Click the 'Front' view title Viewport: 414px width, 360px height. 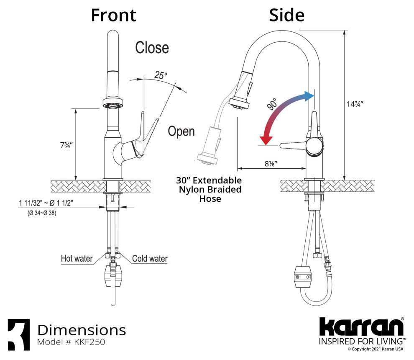(x=113, y=15)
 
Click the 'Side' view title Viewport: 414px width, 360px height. (x=287, y=15)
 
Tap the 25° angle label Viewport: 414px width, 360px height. (x=161, y=75)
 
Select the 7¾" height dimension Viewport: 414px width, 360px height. (x=66, y=145)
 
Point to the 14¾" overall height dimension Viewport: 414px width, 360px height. (x=355, y=104)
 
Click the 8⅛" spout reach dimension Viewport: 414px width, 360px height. (x=271, y=164)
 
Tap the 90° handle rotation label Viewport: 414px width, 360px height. (x=272, y=104)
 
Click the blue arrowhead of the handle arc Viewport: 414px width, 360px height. (x=309, y=96)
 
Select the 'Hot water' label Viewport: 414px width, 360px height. (x=77, y=259)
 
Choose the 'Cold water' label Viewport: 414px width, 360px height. (x=150, y=259)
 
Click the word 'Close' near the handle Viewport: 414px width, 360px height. (x=152, y=48)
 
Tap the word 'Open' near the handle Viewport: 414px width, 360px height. (x=181, y=131)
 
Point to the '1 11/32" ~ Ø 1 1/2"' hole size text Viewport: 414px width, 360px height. (x=46, y=203)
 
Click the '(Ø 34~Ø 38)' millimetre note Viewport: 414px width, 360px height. (x=42, y=213)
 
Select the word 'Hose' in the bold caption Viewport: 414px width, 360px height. (x=210, y=198)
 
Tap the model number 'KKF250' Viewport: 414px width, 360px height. (x=89, y=342)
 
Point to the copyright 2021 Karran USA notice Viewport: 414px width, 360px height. (x=376, y=349)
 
